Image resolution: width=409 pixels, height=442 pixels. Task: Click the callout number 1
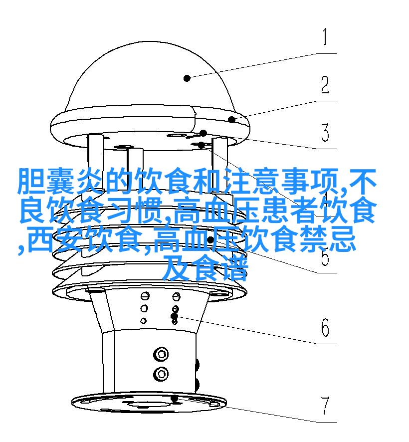(x=325, y=37)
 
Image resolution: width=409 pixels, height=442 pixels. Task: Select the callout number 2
(x=325, y=85)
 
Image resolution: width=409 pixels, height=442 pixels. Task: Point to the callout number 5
(x=325, y=256)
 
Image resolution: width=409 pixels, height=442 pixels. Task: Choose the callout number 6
(x=325, y=327)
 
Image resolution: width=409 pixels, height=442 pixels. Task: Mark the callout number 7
(x=325, y=406)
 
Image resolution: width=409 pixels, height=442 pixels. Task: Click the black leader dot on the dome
(x=187, y=78)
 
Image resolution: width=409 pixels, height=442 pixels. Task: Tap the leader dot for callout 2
(x=232, y=120)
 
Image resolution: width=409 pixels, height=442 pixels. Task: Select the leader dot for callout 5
(x=210, y=240)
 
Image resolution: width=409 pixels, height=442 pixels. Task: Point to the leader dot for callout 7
(x=175, y=399)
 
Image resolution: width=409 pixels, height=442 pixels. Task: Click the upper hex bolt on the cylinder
(x=161, y=354)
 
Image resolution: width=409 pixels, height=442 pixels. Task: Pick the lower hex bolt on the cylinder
(x=161, y=374)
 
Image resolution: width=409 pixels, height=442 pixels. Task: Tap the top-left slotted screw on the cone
(x=145, y=296)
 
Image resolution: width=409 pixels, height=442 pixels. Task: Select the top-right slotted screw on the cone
(x=177, y=296)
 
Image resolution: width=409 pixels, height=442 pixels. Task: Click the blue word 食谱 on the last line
(x=220, y=268)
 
